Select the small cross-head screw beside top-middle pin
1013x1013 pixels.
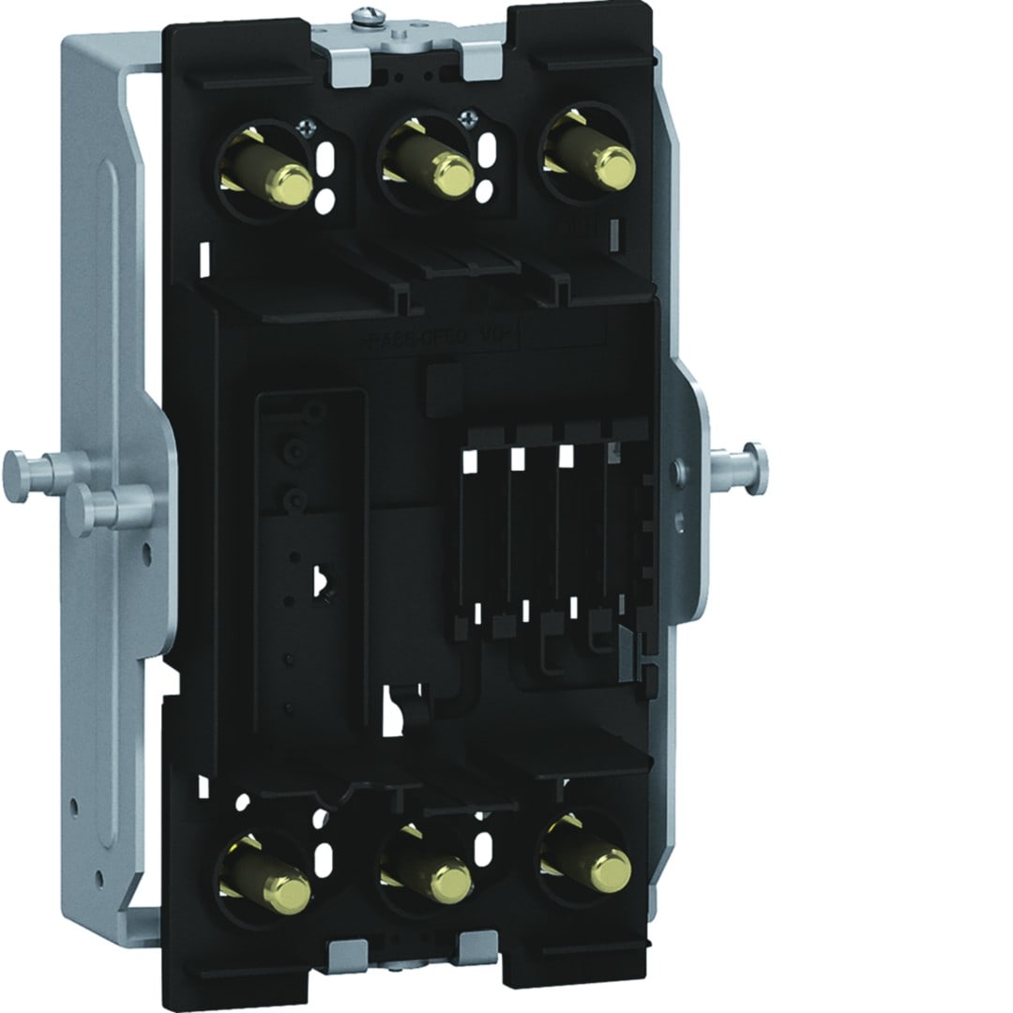(466, 118)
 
